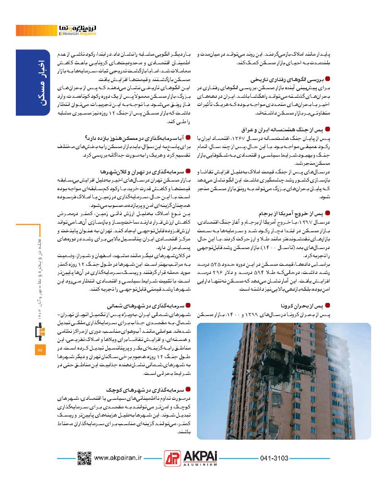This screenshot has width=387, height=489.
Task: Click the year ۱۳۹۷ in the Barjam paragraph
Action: click(320, 221)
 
